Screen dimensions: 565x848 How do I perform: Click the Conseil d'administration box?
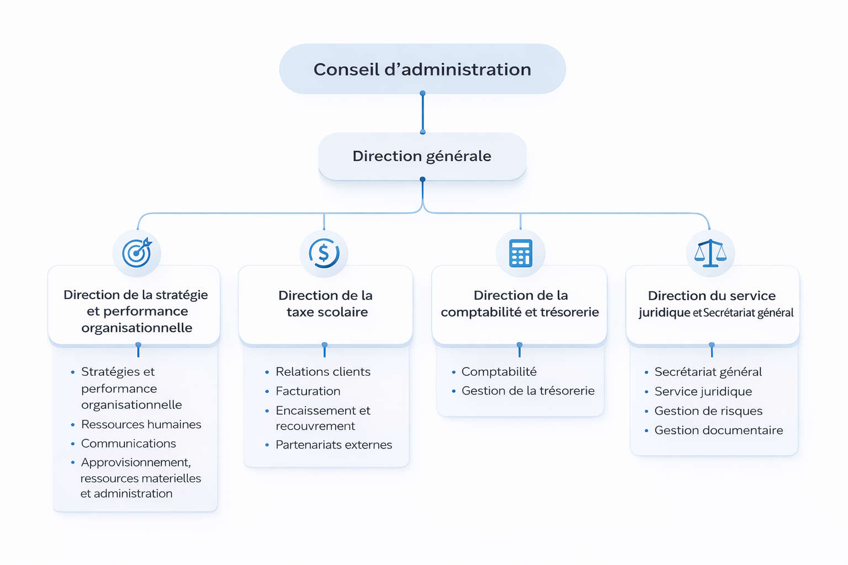point(422,69)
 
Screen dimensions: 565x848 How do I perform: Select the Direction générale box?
point(422,156)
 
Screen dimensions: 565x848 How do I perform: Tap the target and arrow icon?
point(137,253)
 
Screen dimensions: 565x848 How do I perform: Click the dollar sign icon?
point(324,253)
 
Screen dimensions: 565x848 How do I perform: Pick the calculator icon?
point(521,253)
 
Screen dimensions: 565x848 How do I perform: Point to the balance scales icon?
point(711,253)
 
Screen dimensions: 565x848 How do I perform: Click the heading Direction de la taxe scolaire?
point(326,303)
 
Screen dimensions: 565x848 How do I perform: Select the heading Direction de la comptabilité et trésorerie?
point(520,303)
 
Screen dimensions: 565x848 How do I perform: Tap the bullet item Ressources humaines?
point(141,424)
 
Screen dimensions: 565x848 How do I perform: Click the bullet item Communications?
point(128,444)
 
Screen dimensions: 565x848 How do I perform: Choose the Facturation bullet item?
point(308,391)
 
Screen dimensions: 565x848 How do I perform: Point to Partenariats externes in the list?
point(333,445)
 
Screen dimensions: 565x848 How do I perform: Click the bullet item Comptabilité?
point(499,372)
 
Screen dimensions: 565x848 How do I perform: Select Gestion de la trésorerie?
point(528,391)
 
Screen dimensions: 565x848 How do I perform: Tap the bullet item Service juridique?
point(703,391)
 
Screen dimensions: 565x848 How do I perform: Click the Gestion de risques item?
point(708,411)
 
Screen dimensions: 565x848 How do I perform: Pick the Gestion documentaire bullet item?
point(718,430)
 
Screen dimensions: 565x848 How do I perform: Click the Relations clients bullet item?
point(323,372)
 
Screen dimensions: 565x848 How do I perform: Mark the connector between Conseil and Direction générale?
point(422,113)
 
